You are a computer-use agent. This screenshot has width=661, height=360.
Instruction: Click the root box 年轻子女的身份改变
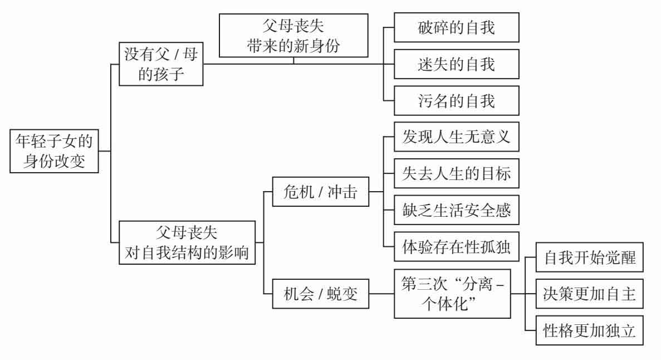pos(56,150)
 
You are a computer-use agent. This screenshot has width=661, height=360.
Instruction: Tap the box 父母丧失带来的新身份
pos(293,35)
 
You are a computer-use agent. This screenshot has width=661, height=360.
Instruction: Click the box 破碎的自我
pos(456,27)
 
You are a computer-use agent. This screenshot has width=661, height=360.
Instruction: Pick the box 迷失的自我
pos(456,64)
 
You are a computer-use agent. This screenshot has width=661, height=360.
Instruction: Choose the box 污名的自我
pos(456,101)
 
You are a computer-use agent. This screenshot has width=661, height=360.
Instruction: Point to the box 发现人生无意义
pos(456,137)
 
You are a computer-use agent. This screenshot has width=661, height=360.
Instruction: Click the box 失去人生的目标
pos(456,174)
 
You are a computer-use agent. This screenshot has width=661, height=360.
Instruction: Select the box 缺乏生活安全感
pos(456,211)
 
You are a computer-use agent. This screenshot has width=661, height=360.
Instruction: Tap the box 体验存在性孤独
pos(456,247)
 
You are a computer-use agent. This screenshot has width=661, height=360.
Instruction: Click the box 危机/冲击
pos(320,192)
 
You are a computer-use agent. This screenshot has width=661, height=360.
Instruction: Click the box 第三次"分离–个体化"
pos(452,293)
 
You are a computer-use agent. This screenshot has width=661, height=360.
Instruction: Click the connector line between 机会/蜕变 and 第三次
pos(382,293)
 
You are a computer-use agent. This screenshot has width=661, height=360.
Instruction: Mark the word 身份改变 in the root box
pos(56,160)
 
